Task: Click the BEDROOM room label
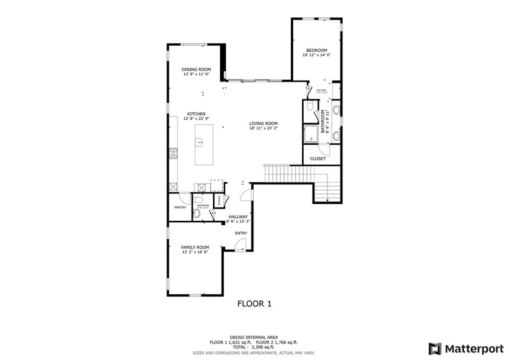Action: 317,50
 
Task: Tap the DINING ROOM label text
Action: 196,70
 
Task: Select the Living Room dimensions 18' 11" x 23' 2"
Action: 263,128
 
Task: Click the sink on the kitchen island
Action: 200,143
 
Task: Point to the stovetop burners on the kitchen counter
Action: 173,153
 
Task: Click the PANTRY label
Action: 180,207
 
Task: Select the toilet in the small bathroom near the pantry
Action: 196,214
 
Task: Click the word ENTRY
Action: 241,233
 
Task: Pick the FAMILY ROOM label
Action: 195,247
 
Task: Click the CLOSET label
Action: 318,159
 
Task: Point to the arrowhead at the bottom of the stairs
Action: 328,200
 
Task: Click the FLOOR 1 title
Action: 254,303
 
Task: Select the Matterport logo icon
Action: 435,348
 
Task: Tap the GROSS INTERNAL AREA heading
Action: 254,337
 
